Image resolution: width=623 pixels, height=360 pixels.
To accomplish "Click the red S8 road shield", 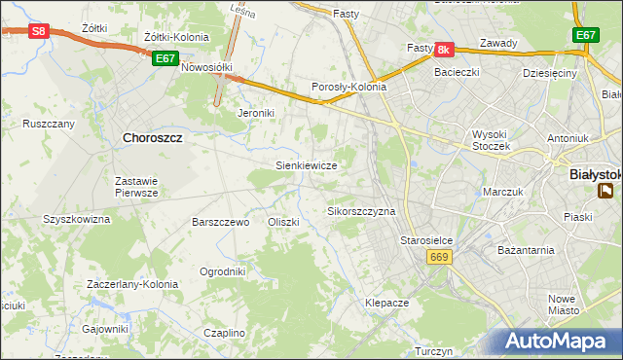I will [x=38, y=31].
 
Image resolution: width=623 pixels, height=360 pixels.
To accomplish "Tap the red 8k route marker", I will [x=444, y=49].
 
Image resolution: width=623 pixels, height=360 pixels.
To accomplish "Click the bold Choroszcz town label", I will [x=155, y=138].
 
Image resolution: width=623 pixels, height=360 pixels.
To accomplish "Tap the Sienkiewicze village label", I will [x=307, y=165].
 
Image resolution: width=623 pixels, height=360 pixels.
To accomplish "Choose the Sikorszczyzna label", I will [x=361, y=210].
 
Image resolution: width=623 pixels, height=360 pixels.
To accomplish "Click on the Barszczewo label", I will [x=221, y=222].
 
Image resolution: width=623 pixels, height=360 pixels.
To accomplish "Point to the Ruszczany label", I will [x=49, y=125].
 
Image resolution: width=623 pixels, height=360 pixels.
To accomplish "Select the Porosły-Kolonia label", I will [x=348, y=87].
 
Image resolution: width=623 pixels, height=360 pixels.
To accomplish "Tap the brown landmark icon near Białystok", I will [x=607, y=191].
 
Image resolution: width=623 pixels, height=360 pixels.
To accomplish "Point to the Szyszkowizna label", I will [x=77, y=219].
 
